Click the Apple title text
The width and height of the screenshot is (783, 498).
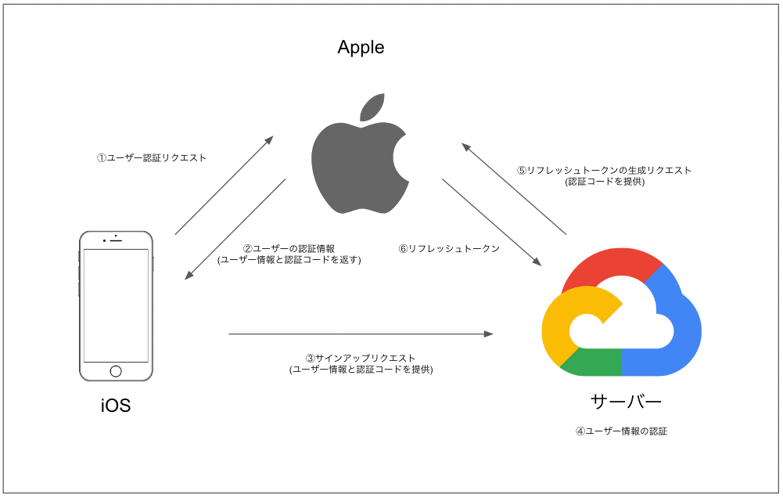coord(361,48)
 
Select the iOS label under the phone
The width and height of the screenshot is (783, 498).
coord(115,406)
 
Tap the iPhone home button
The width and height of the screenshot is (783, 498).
coord(116,371)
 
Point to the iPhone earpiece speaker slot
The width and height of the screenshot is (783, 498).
coord(116,240)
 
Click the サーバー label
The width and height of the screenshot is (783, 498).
coord(626,402)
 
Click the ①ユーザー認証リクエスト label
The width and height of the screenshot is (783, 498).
coord(152,157)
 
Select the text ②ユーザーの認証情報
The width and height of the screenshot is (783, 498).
coord(289,249)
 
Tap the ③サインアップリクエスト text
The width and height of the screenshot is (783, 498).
coord(361,358)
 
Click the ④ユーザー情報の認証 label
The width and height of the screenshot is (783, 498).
coord(621,431)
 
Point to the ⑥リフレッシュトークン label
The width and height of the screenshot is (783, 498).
coord(449,249)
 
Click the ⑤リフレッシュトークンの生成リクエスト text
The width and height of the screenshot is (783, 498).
coord(604,170)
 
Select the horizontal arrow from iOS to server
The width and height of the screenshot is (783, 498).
coord(360,334)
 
